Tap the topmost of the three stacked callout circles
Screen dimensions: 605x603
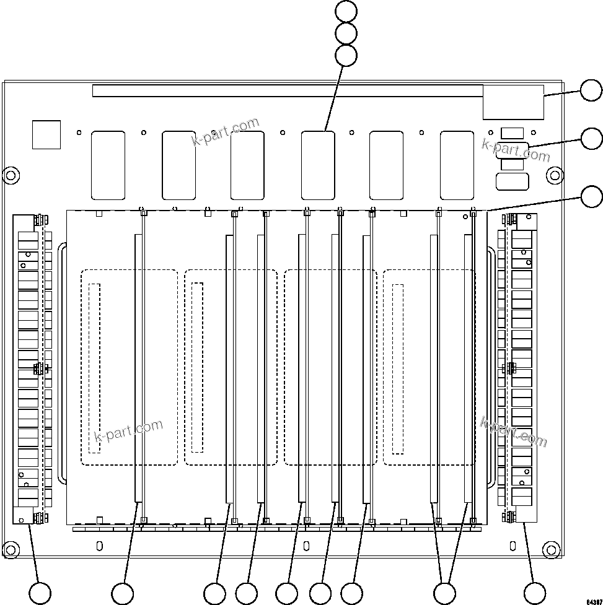coord(346,11)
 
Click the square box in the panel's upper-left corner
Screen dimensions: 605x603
coord(46,134)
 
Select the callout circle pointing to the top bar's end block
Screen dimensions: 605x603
coord(591,91)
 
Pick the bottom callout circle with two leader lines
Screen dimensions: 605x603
coord(444,593)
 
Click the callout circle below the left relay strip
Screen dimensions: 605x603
coord(41,593)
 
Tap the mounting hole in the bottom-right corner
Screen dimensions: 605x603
coord(550,549)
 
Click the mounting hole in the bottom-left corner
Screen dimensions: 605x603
coord(10,549)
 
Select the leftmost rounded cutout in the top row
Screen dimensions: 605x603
coord(108,165)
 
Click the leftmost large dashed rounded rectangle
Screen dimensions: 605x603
coord(129,367)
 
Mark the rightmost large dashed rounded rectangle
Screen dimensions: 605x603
coord(429,367)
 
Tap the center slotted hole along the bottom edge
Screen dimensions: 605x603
coord(306,546)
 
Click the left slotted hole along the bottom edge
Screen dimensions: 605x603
coord(99,546)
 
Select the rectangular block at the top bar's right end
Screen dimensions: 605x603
coord(513,102)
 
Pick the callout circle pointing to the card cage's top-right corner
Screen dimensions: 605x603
coord(591,197)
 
